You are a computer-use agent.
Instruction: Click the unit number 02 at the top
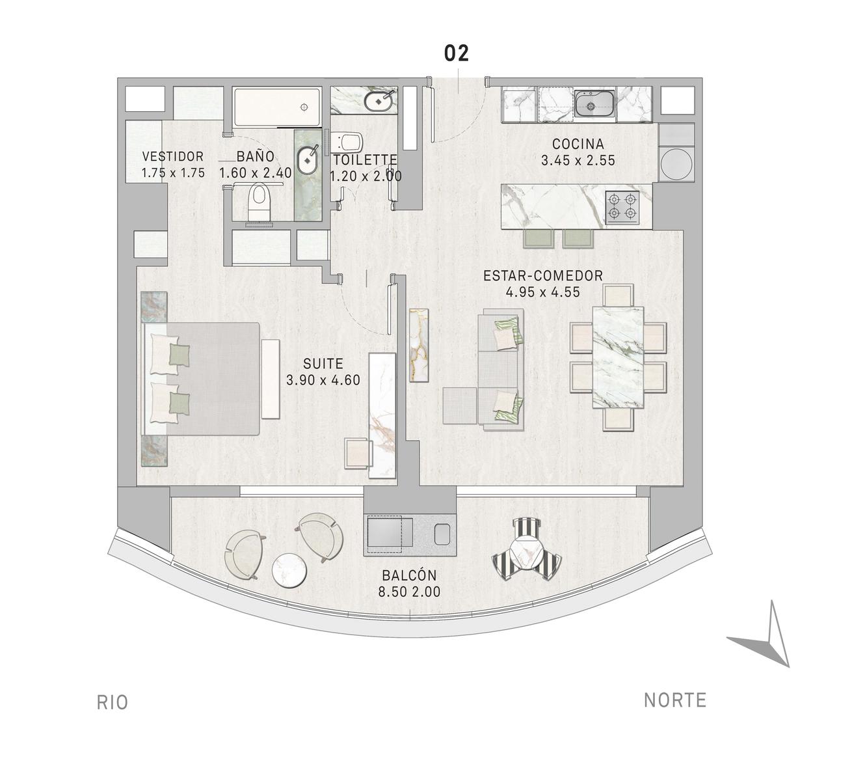(x=457, y=53)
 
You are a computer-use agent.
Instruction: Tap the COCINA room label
(x=578, y=144)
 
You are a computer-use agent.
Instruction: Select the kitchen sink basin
(x=594, y=103)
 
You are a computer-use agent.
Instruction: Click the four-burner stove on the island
(x=622, y=206)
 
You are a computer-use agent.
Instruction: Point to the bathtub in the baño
(x=277, y=107)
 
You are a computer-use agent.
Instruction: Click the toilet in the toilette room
(x=348, y=143)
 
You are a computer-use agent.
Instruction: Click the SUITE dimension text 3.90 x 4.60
(x=323, y=379)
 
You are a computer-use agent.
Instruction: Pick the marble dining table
(x=618, y=357)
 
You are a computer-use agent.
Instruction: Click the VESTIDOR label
(x=173, y=156)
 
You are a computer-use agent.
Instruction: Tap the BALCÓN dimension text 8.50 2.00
(x=410, y=592)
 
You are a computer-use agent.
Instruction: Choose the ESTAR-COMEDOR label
(x=543, y=276)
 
